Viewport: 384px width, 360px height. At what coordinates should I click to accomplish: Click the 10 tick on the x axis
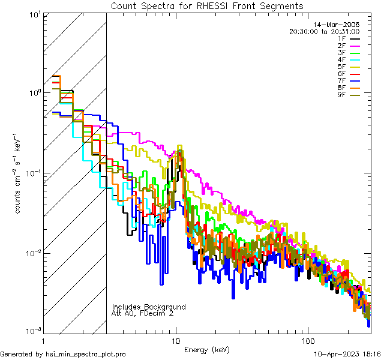[175, 340]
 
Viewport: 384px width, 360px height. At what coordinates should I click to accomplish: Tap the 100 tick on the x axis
[307, 340]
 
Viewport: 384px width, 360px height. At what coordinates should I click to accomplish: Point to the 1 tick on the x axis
[44, 340]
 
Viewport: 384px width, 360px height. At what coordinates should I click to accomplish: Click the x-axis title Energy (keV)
[207, 349]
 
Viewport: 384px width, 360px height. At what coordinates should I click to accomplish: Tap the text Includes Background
[149, 307]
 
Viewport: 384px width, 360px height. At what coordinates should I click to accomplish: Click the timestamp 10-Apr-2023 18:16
[347, 355]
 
